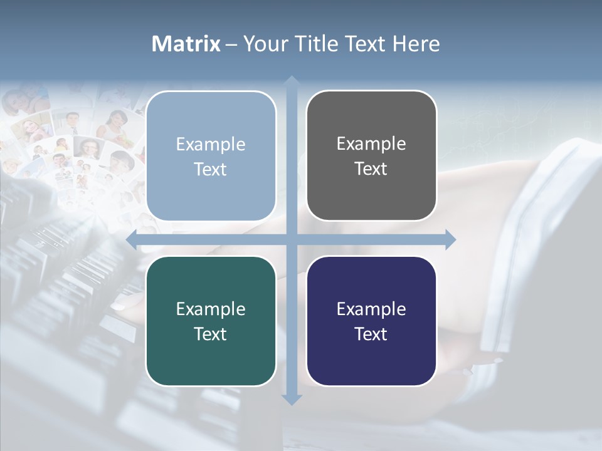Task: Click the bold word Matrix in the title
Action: tap(186, 44)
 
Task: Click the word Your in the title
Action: tap(264, 44)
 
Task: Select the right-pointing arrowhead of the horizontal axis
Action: tap(450, 239)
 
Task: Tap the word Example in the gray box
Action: tap(371, 144)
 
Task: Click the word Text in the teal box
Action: tap(211, 334)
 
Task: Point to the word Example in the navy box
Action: tap(371, 309)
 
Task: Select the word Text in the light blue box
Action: tap(211, 169)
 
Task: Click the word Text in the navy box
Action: tap(371, 334)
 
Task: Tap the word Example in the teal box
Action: tap(211, 309)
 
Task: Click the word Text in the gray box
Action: tap(371, 169)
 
